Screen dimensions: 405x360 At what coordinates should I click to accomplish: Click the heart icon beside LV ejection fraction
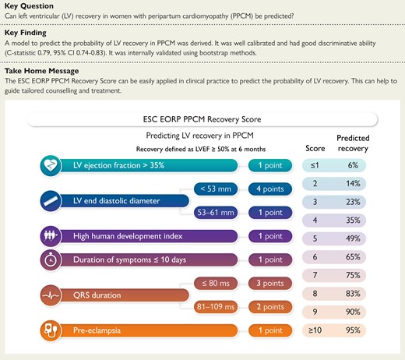point(49,165)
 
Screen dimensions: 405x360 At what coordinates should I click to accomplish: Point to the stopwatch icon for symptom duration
point(49,260)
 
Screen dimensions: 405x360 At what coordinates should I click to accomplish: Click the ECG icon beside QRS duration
point(49,296)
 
